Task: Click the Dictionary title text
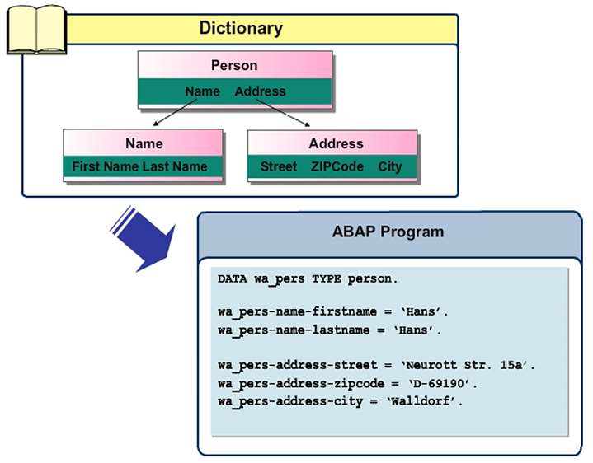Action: pyautogui.click(x=241, y=28)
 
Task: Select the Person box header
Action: pyautogui.click(x=234, y=65)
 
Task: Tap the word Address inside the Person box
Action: pyautogui.click(x=260, y=91)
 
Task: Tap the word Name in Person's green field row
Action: pyautogui.click(x=202, y=91)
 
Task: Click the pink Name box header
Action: pyautogui.click(x=144, y=143)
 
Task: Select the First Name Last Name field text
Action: pyautogui.click(x=139, y=166)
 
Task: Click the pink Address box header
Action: pyautogui.click(x=336, y=143)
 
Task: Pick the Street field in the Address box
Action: pyautogui.click(x=278, y=166)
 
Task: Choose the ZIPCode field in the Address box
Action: pyautogui.click(x=337, y=166)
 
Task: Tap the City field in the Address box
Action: pyautogui.click(x=390, y=166)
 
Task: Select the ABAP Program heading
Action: pyautogui.click(x=388, y=231)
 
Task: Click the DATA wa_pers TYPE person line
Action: pyautogui.click(x=308, y=279)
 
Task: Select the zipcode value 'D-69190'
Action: pyautogui.click(x=443, y=383)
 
